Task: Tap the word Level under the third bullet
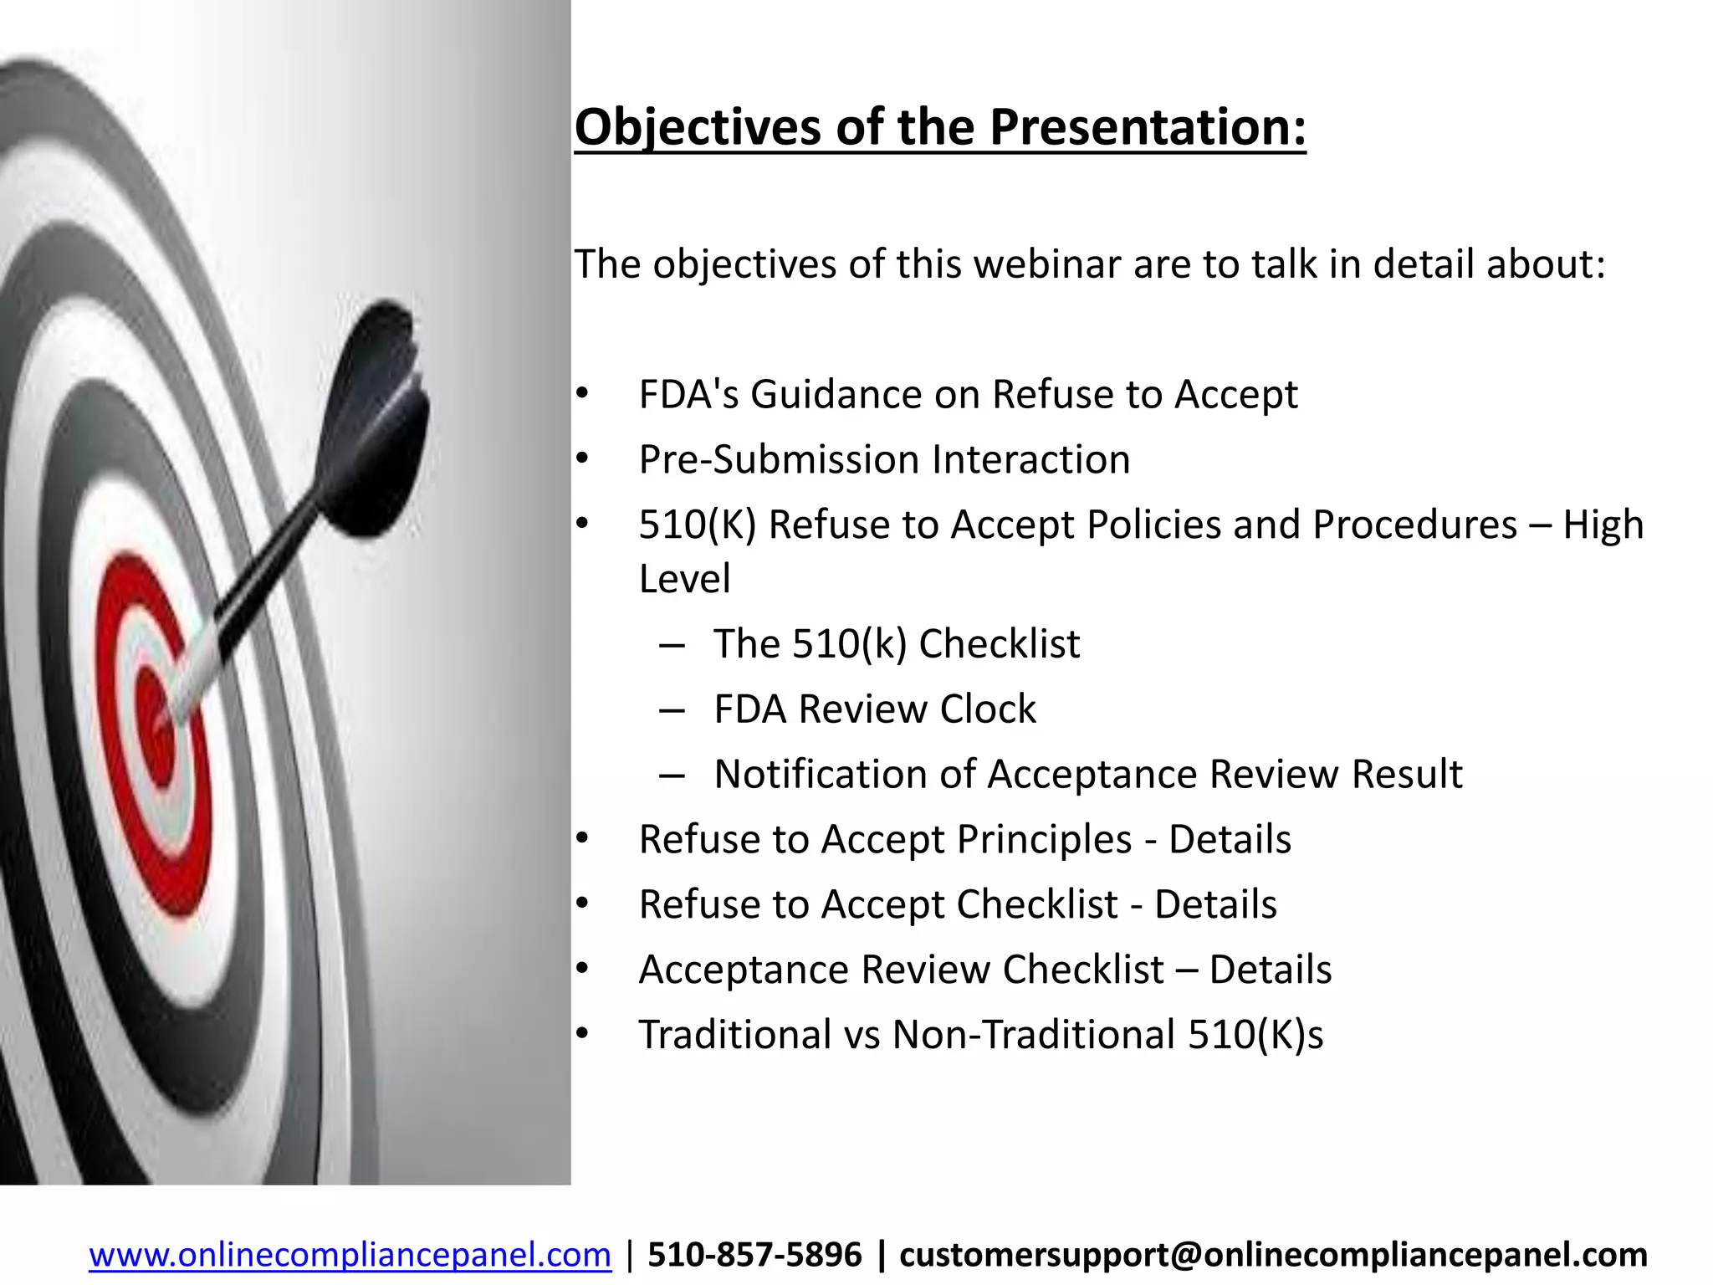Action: (684, 579)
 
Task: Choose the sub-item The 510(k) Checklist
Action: (896, 644)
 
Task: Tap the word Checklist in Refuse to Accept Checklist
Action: (1036, 904)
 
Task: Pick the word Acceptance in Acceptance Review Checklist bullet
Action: (744, 970)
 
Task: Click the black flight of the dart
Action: (381, 427)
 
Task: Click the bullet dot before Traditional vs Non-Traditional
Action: (582, 1035)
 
